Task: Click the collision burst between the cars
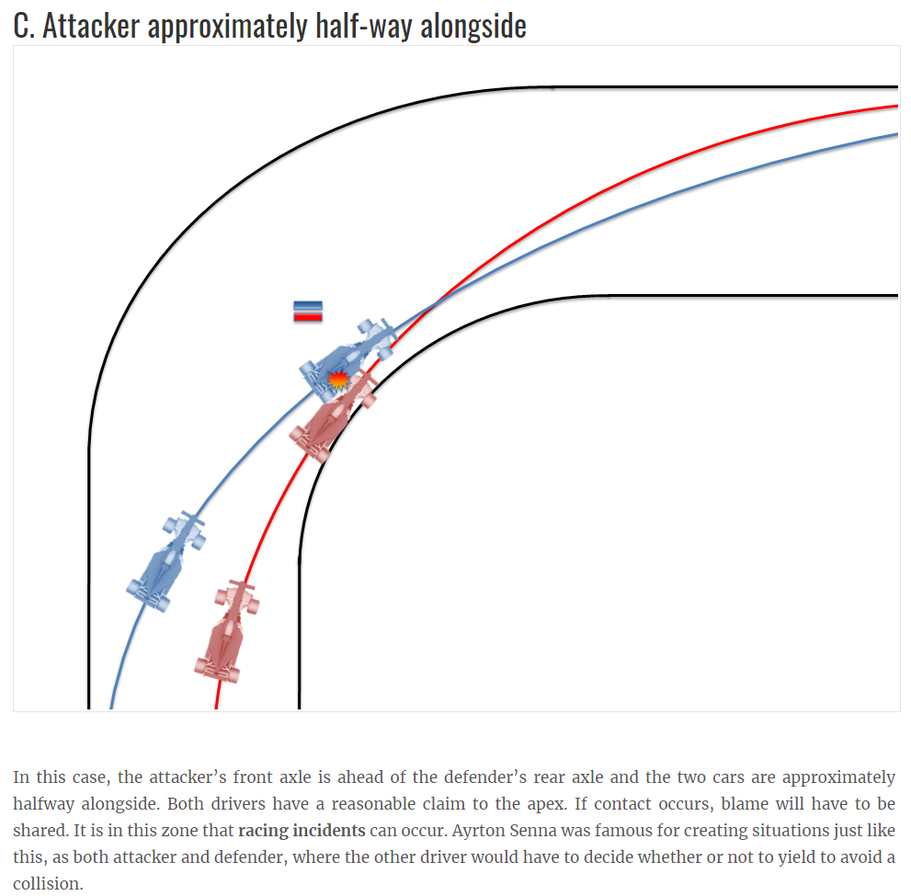click(338, 380)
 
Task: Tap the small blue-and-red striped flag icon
click(307, 312)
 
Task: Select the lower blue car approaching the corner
click(166, 561)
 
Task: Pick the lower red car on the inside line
click(227, 632)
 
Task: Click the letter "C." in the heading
click(25, 25)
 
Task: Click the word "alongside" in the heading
click(473, 25)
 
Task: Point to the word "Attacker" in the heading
click(91, 25)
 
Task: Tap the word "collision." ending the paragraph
click(48, 885)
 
